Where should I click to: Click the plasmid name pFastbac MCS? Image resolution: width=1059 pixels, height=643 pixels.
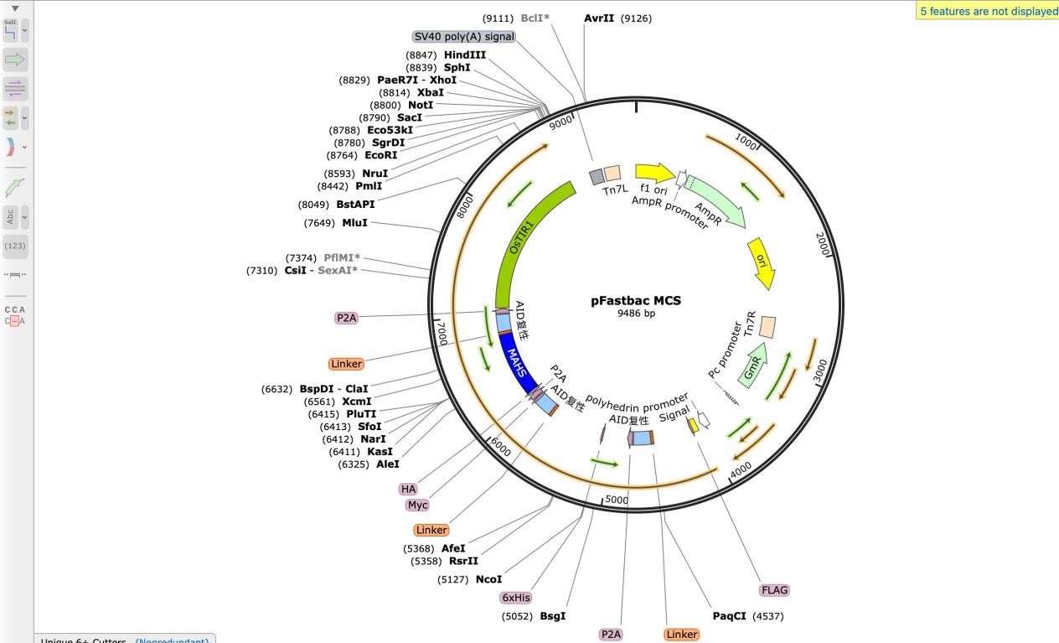coord(636,300)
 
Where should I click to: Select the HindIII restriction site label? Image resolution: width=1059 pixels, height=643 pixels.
coord(465,55)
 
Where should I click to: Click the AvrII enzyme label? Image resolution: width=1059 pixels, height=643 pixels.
coord(599,18)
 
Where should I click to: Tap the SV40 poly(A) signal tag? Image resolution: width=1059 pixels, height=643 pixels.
coord(464,37)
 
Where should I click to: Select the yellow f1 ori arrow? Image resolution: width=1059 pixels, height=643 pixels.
coord(654,174)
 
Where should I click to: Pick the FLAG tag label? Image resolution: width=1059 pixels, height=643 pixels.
coord(774,590)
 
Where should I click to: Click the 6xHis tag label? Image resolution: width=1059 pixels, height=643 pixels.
coord(516,598)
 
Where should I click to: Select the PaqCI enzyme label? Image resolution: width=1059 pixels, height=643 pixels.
coord(729,616)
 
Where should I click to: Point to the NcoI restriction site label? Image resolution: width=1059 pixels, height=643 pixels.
coord(488,579)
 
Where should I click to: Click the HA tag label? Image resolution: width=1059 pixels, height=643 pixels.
coord(408,489)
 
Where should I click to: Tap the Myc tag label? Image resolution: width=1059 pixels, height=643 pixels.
coord(417,505)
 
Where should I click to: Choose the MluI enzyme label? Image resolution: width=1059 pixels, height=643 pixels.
coord(354,223)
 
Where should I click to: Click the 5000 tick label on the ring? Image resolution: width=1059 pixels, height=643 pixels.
coord(617,500)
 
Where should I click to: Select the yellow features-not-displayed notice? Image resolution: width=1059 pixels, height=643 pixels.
coord(988,11)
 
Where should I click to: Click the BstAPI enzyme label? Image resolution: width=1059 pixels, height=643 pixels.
coord(355,205)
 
